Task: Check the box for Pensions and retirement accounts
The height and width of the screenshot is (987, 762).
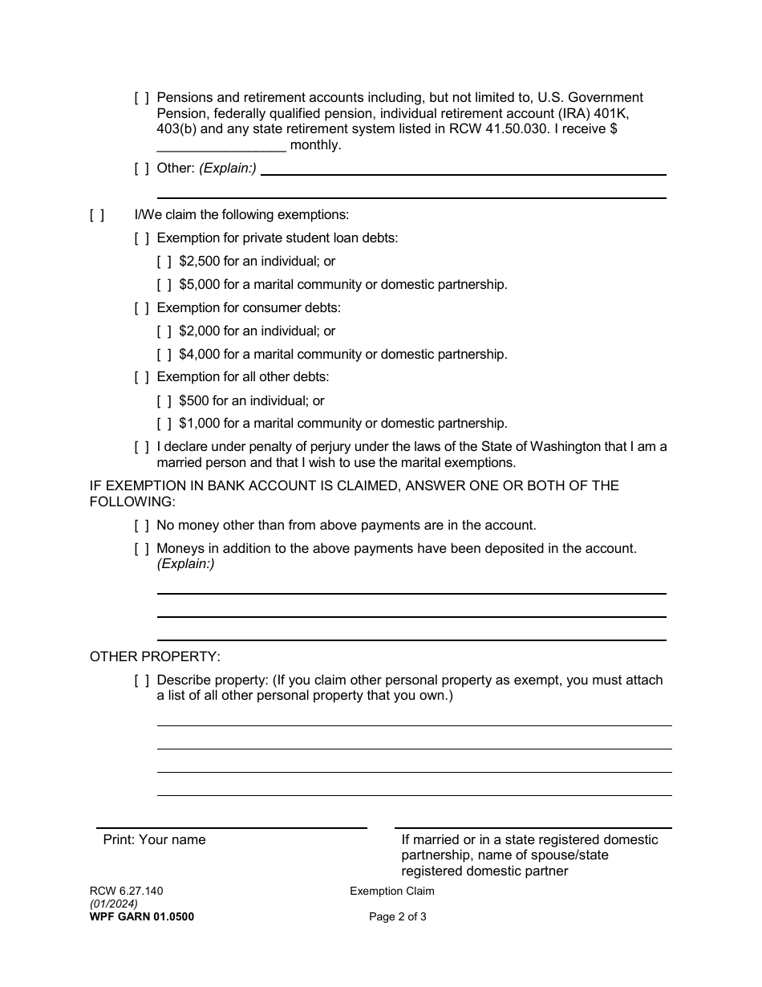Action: tap(141, 98)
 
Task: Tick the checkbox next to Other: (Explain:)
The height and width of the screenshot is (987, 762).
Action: tap(141, 169)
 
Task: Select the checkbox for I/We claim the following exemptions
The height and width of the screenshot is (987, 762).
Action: tap(96, 215)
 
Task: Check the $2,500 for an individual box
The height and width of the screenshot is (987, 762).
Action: tap(164, 262)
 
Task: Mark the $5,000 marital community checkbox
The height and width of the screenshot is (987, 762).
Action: tap(164, 285)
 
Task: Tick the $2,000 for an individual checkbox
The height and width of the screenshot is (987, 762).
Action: tap(164, 331)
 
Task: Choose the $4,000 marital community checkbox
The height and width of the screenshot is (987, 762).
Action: tap(164, 355)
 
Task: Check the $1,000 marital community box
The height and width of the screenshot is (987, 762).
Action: tap(164, 424)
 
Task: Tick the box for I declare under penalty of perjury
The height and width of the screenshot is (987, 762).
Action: tap(141, 447)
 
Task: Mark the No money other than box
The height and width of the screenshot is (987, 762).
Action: tap(141, 526)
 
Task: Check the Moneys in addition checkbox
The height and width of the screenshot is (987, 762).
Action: tap(141, 549)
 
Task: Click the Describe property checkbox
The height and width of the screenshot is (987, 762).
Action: tap(141, 680)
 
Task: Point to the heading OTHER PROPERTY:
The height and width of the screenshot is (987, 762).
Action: tap(155, 656)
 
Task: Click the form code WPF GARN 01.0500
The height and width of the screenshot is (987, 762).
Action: tap(141, 917)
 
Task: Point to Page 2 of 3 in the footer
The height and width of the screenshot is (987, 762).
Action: tap(397, 917)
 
